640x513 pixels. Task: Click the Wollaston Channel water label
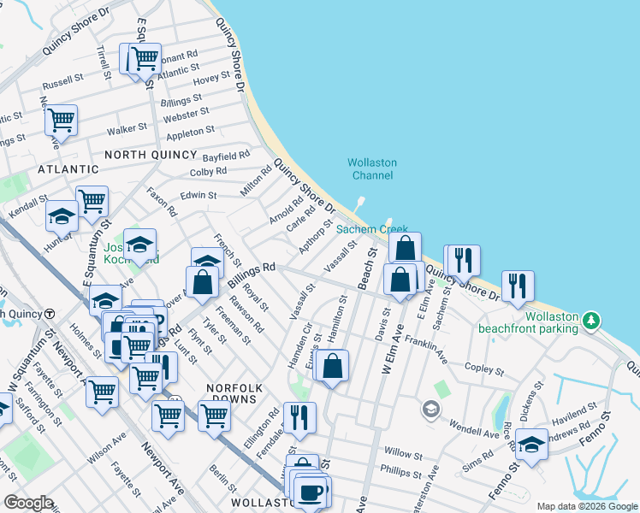(371, 168)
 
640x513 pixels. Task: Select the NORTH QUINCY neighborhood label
(151, 155)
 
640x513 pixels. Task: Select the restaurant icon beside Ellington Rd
(299, 417)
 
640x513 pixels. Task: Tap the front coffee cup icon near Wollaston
(310, 492)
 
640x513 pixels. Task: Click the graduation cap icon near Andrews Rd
(531, 444)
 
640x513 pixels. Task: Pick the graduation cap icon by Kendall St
(62, 215)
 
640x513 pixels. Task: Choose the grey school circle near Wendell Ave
(430, 411)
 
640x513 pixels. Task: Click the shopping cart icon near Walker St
(61, 120)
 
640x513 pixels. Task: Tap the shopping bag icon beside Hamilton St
(332, 365)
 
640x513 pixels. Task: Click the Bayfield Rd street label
(226, 156)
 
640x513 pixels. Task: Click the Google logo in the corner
(28, 502)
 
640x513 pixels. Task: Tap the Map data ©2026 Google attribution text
(586, 506)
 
